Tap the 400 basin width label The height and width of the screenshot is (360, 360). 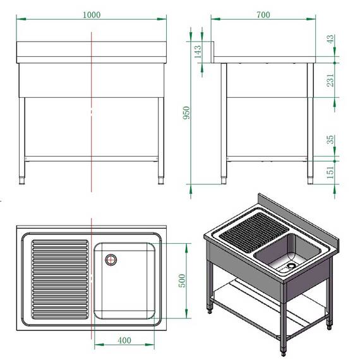click(124, 340)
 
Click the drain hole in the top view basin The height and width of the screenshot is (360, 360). click(112, 258)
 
